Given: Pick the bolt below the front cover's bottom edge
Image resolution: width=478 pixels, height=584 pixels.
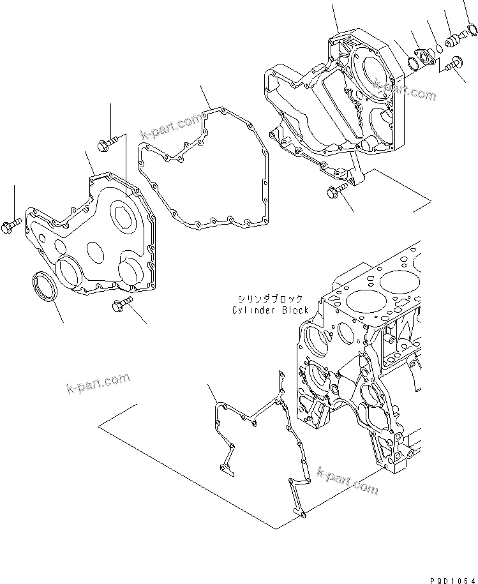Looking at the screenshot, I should tap(121, 306).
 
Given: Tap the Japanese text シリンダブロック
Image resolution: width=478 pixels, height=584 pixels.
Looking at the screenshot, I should tap(267, 299).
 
